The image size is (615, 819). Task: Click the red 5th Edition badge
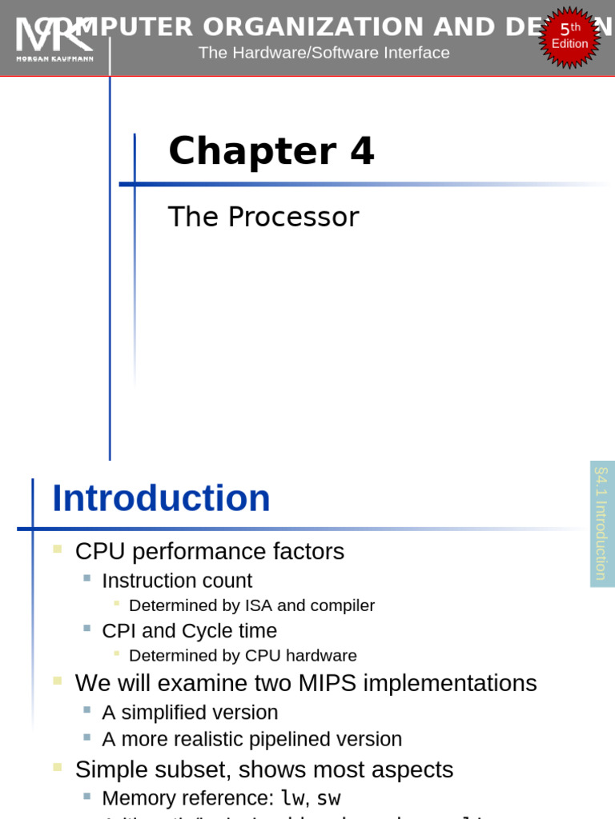(x=569, y=36)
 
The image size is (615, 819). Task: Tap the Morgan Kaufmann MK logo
(x=54, y=39)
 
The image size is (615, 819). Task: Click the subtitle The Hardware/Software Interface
(x=324, y=53)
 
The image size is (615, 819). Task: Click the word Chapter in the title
(x=252, y=151)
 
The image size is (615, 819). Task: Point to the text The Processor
(x=263, y=217)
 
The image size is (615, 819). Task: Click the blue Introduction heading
(x=161, y=498)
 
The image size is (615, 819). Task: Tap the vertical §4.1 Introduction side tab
(x=601, y=523)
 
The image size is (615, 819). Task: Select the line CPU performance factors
(x=209, y=551)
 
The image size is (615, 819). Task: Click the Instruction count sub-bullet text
(x=176, y=581)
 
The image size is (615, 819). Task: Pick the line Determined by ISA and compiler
(x=251, y=605)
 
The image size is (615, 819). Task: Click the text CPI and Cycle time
(x=189, y=631)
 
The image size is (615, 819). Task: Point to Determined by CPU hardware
(x=243, y=656)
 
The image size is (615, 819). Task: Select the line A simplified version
(x=190, y=713)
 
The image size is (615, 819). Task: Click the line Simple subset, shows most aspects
(x=263, y=769)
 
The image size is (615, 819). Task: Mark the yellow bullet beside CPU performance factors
(x=58, y=549)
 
